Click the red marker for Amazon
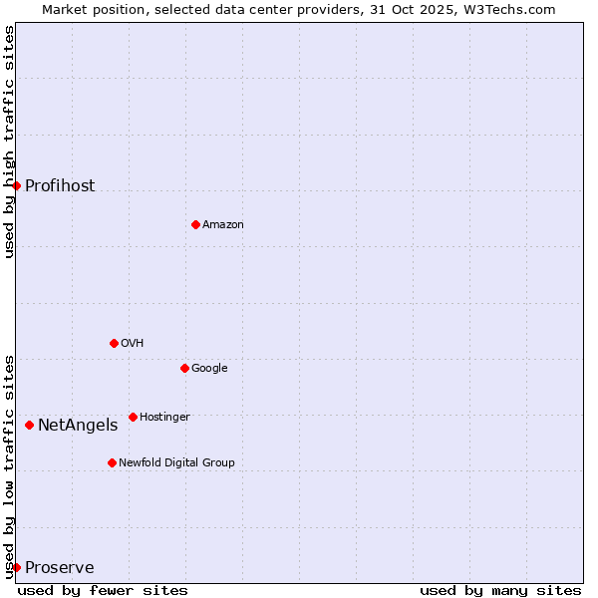point(195,224)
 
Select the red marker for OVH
point(114,343)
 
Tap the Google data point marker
point(184,368)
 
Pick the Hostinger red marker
point(133,417)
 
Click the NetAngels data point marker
point(29,425)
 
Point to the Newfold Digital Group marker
point(112,462)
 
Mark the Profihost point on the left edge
point(16,185)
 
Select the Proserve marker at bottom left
point(16,567)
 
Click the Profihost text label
point(60,186)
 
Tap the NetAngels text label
point(78,426)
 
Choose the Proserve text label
point(60,568)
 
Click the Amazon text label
point(223,225)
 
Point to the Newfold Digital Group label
point(176,462)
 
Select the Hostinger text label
point(164,417)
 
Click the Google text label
point(209,369)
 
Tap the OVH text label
point(133,344)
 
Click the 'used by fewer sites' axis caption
point(103,590)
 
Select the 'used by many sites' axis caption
point(500,590)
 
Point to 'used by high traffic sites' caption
point(9,142)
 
